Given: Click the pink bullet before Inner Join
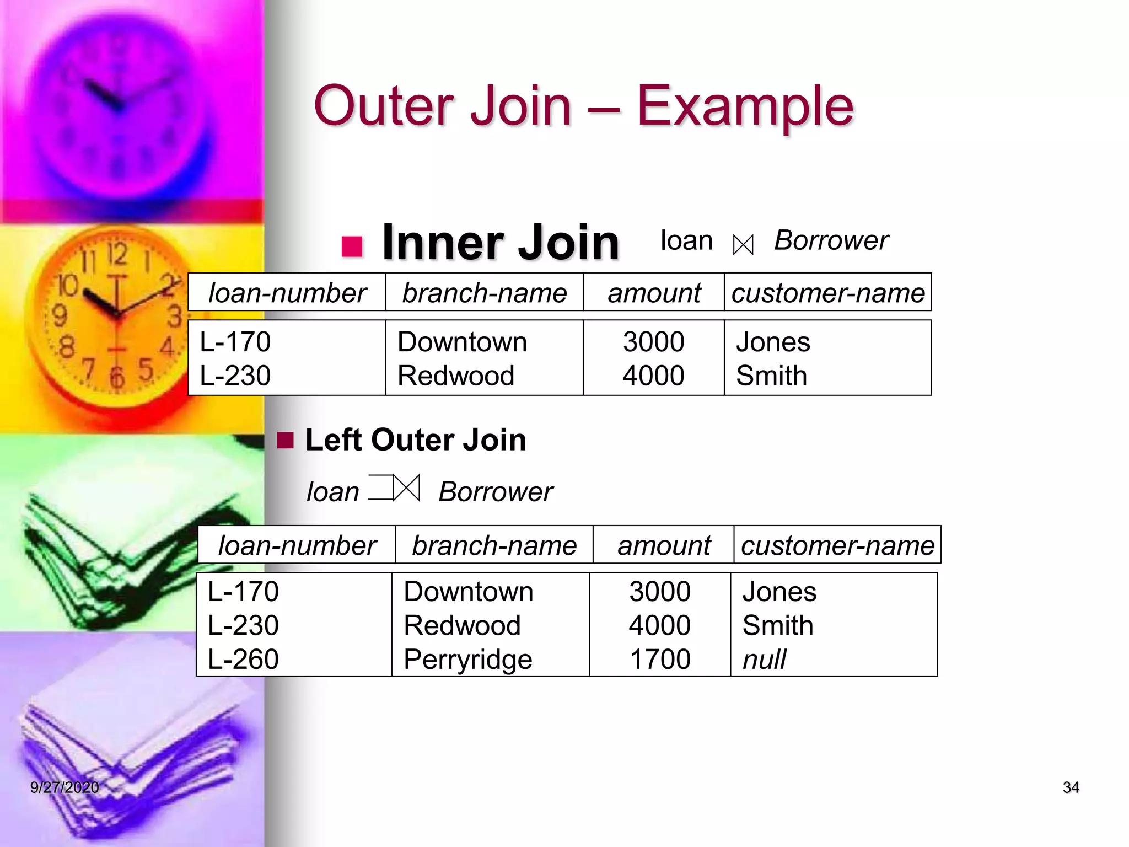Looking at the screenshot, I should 352,246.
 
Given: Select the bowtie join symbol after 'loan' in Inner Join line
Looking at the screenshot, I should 743,245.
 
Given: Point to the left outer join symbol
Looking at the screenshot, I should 395,488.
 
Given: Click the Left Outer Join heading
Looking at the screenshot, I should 415,440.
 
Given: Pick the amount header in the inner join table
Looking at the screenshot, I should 654,293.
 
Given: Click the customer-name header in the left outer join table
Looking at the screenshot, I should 837,545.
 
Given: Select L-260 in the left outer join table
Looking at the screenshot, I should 243,659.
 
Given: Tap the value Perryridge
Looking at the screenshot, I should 467,660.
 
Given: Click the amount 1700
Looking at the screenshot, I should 659,659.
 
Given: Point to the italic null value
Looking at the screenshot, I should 764,660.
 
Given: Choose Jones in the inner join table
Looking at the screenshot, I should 773,342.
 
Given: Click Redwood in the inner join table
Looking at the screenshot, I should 456,376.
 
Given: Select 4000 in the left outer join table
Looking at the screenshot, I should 659,625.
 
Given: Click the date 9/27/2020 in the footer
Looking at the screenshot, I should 64,787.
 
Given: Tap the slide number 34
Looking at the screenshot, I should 1071,787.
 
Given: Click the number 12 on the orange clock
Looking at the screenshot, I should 117,254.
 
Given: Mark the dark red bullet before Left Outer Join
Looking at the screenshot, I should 285,441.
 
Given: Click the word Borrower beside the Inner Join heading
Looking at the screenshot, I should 831,240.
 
